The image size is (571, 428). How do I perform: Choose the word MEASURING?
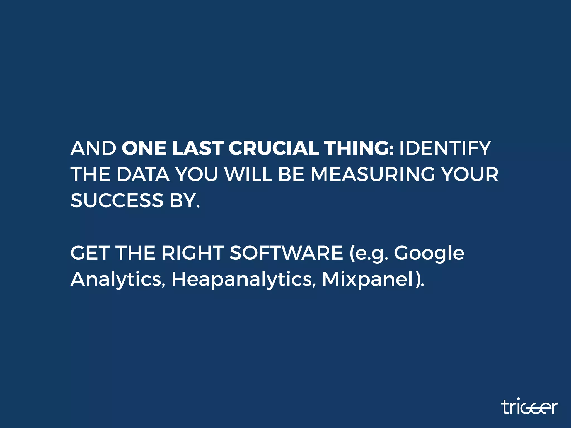373,174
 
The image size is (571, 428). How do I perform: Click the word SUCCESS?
117,200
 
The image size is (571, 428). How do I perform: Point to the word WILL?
248,174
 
